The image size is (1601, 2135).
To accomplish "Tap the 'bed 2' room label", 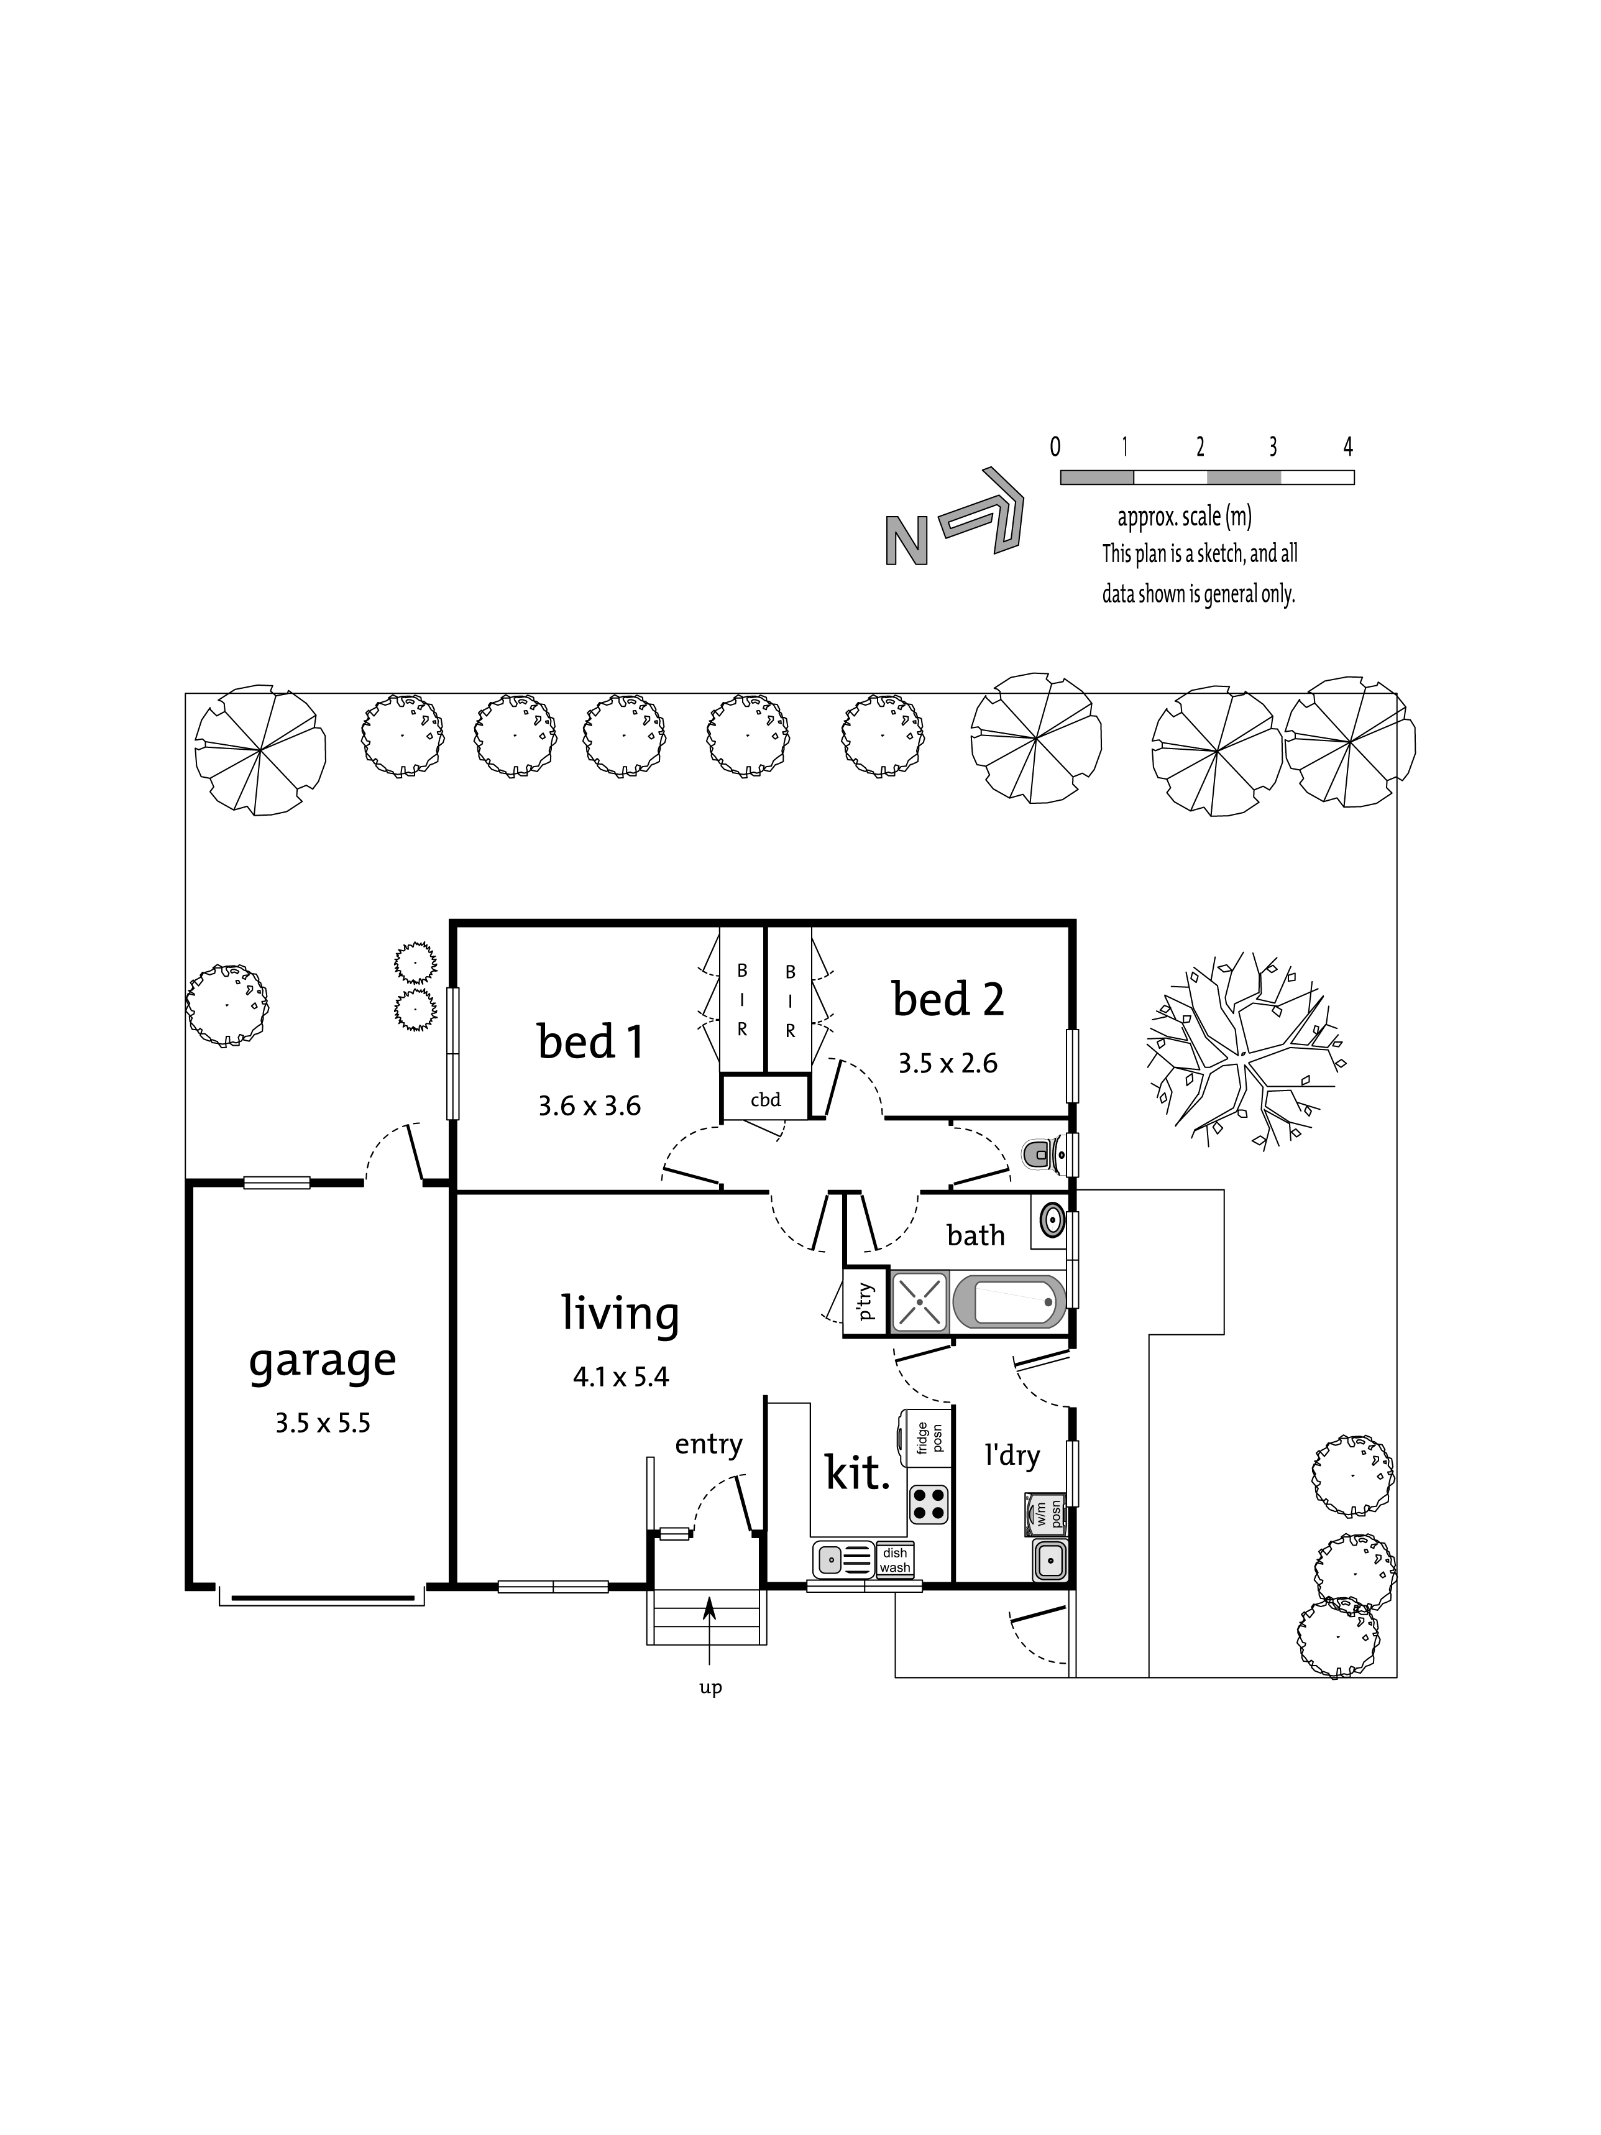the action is (x=948, y=999).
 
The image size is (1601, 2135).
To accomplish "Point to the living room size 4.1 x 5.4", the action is (x=620, y=1377).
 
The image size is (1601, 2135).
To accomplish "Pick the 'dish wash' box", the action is (x=894, y=1561).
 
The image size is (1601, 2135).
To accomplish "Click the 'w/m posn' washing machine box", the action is (x=1046, y=1515).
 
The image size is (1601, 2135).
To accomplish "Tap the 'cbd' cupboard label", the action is (x=765, y=1099).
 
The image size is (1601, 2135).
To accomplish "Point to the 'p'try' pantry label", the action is (x=866, y=1302).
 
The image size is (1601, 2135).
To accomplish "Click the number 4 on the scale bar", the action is (x=1348, y=447).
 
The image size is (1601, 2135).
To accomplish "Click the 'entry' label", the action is (x=709, y=1445).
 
